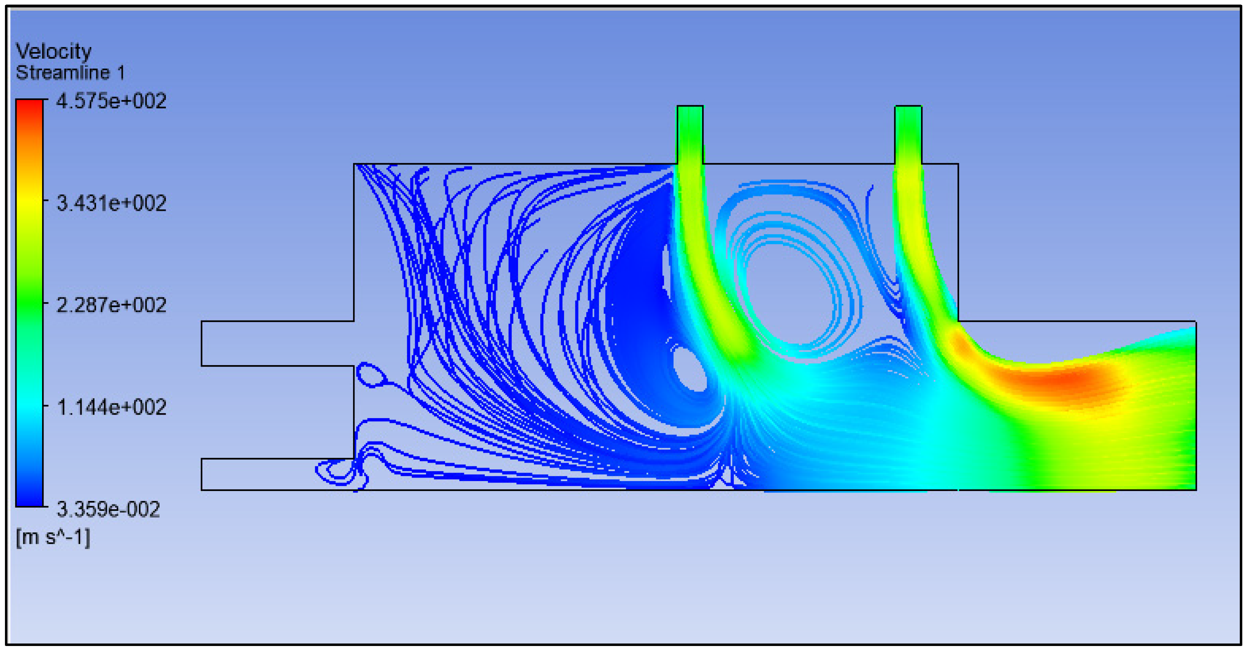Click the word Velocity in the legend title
click(x=53, y=51)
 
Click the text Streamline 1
click(x=70, y=73)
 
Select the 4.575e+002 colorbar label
click(x=111, y=101)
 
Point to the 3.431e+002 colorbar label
click(x=111, y=203)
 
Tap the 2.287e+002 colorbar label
click(x=111, y=305)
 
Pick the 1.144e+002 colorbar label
click(x=111, y=407)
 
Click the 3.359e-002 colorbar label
click(x=108, y=509)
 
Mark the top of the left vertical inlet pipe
click(x=690, y=106)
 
